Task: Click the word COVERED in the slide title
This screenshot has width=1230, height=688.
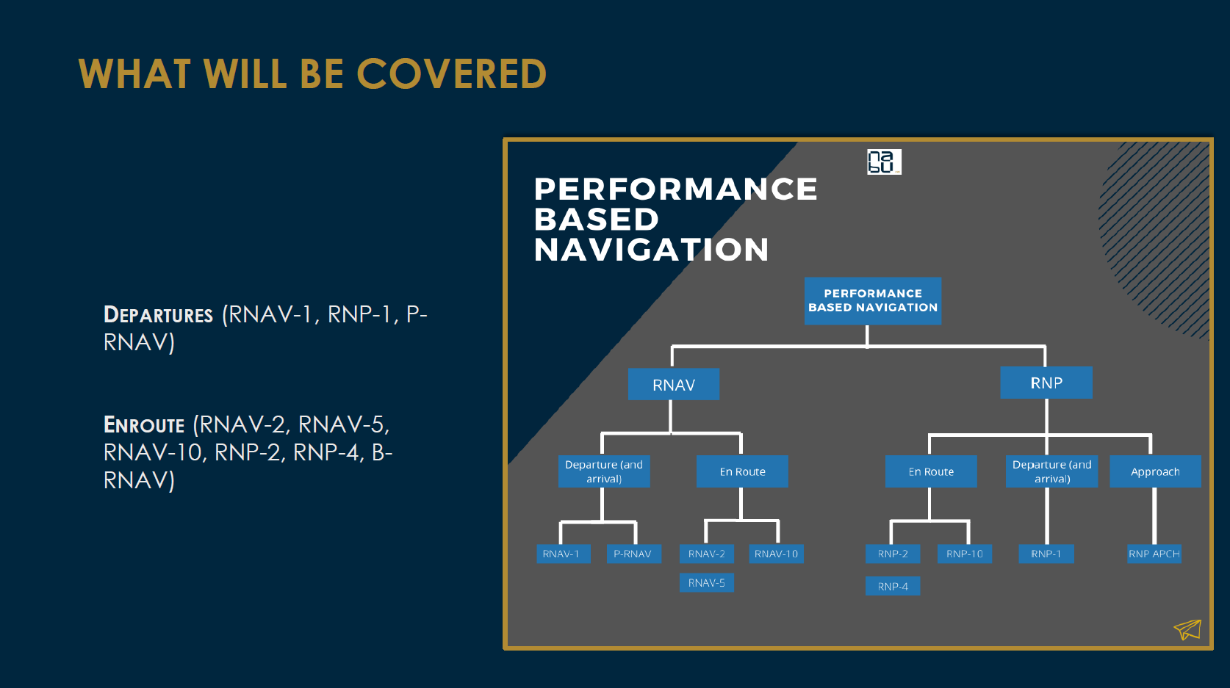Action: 451,74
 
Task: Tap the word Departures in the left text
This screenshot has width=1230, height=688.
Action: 158,315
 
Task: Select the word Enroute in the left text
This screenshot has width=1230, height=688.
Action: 144,425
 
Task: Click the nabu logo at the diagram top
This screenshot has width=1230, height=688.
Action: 884,162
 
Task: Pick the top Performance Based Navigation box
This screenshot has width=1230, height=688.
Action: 873,301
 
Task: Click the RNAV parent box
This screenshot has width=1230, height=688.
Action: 673,385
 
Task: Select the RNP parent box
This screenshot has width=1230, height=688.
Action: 1046,383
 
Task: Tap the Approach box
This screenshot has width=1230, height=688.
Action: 1155,471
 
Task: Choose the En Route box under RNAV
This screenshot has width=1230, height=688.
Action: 742,471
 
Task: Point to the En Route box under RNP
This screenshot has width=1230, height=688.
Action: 931,471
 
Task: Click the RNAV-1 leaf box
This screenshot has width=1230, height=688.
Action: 561,554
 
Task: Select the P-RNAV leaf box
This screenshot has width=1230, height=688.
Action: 633,554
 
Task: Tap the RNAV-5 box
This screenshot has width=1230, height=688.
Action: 706,583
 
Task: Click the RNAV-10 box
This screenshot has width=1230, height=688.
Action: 776,554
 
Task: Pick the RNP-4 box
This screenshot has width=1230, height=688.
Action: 893,587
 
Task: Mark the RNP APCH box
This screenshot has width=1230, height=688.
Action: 1154,554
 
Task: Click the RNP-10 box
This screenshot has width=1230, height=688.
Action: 964,554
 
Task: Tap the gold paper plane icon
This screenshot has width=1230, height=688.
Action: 1187,629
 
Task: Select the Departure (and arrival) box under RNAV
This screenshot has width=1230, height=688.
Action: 604,471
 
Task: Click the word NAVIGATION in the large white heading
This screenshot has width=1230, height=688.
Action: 651,250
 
